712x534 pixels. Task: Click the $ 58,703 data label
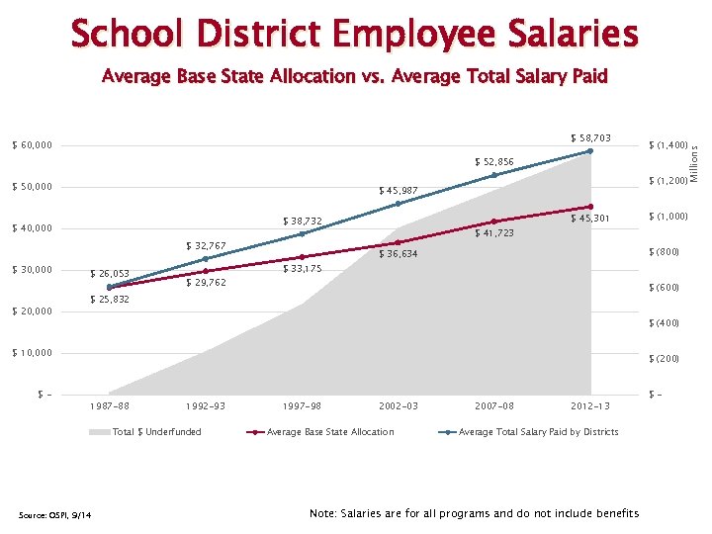click(590, 138)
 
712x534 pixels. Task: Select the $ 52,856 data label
click(493, 161)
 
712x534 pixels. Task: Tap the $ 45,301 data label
click(590, 219)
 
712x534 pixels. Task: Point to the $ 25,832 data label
click(109, 299)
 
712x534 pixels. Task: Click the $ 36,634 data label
click(399, 254)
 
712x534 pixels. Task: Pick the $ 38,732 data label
click(303, 221)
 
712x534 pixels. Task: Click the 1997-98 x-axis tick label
click(302, 405)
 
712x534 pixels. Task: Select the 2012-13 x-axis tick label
click(590, 405)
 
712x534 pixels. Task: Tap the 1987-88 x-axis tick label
click(109, 405)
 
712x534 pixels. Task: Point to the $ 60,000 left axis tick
click(33, 146)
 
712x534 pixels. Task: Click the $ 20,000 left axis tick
click(33, 312)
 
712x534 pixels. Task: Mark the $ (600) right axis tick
click(664, 288)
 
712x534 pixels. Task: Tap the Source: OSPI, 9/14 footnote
click(55, 512)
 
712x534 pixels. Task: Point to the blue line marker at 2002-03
click(399, 204)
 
